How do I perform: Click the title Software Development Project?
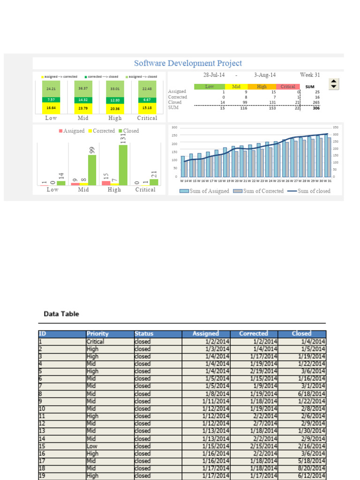tap(188, 63)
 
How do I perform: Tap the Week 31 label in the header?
tap(310, 75)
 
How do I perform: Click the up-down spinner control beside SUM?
tap(333, 84)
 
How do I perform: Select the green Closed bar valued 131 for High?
tap(123, 165)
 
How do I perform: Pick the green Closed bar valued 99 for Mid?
tap(92, 170)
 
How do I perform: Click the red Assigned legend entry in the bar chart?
tap(71, 131)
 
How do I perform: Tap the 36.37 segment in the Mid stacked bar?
tap(83, 88)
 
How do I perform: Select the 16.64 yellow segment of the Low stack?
tap(52, 108)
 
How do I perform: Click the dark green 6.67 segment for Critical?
tap(147, 100)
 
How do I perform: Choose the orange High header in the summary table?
tap(262, 87)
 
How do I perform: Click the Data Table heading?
tap(61, 314)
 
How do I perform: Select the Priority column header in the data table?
tap(97, 334)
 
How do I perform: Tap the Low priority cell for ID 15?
tap(92, 446)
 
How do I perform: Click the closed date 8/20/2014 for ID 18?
tap(311, 468)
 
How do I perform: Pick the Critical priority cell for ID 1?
tap(96, 341)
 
